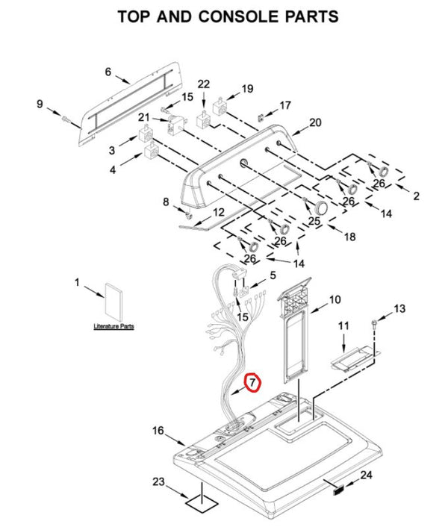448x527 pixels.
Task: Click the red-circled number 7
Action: click(x=252, y=382)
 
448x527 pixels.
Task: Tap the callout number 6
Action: click(x=108, y=72)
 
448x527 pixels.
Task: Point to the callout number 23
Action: click(x=158, y=481)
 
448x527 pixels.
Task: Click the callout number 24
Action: click(x=366, y=475)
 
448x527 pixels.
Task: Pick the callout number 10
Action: click(x=335, y=299)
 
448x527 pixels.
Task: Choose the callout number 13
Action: click(x=399, y=308)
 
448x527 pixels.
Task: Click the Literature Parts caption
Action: click(x=113, y=327)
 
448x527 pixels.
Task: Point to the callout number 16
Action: click(x=158, y=430)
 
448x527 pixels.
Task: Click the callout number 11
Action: click(x=343, y=326)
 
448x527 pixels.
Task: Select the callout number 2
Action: click(x=416, y=196)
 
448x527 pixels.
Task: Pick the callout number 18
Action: click(x=349, y=237)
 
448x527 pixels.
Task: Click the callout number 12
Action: click(x=217, y=213)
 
